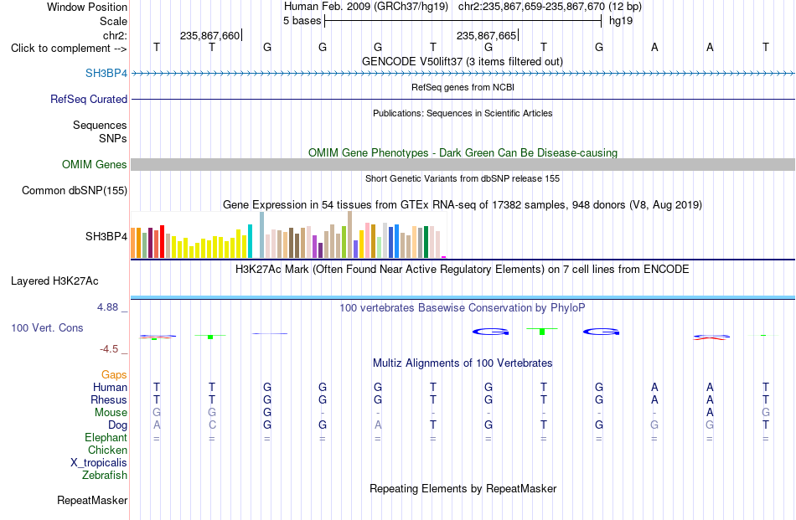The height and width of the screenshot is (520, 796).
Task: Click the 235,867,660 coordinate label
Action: click(x=209, y=35)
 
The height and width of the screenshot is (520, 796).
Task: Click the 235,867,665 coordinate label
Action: click(x=486, y=35)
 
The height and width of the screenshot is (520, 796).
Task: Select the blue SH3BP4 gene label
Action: click(x=106, y=73)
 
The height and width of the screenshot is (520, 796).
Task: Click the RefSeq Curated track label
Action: click(x=89, y=99)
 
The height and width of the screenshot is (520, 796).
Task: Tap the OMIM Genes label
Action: click(x=95, y=164)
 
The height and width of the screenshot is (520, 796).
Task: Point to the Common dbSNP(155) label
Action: click(x=75, y=190)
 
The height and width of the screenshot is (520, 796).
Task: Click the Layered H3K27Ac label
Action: click(x=54, y=281)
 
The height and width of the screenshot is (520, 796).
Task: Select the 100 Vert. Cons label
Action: click(x=47, y=327)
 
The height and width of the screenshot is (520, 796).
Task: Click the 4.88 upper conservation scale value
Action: click(x=107, y=307)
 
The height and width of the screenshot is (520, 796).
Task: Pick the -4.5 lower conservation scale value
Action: click(x=109, y=348)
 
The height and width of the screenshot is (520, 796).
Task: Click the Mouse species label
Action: click(x=111, y=413)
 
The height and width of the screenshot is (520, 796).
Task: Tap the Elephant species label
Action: click(x=106, y=437)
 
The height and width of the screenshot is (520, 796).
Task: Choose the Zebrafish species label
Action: click(x=105, y=476)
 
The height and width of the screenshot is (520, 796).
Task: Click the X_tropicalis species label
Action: click(x=99, y=463)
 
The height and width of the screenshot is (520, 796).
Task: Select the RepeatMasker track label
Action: click(x=92, y=500)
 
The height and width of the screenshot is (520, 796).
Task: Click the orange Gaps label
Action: click(x=114, y=374)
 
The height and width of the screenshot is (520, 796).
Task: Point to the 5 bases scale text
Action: click(x=302, y=21)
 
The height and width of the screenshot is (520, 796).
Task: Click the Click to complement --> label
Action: click(x=69, y=49)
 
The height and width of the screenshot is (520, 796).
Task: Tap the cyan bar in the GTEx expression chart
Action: click(x=250, y=241)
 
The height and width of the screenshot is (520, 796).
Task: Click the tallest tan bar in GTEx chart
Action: click(x=349, y=234)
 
